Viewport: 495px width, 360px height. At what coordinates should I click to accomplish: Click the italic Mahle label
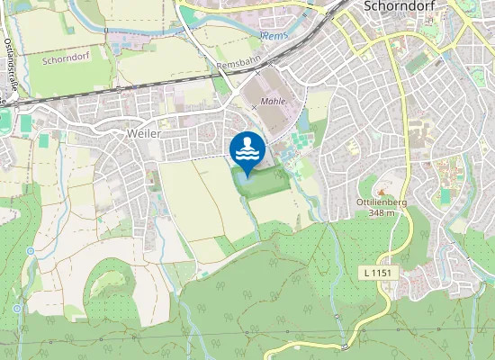273,102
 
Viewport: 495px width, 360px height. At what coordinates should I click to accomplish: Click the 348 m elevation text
382,213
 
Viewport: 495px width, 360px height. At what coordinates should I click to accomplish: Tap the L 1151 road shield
382,272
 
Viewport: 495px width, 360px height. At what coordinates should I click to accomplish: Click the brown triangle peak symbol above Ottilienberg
383,192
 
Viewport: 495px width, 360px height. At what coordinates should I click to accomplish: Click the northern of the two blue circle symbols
30,250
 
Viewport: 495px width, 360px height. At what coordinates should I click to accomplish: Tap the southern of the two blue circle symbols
17,308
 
